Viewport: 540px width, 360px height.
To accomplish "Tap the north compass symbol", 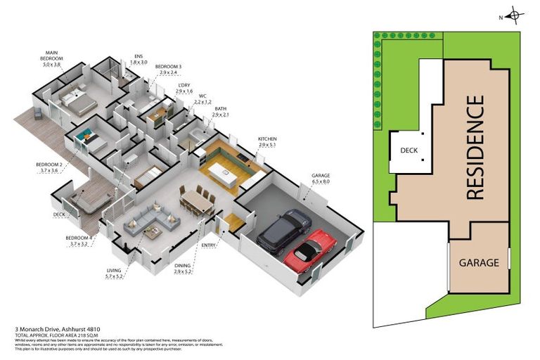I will pos(514,15).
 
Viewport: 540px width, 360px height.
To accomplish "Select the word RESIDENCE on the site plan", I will pos(476,148).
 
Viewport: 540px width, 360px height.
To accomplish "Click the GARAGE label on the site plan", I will pos(478,262).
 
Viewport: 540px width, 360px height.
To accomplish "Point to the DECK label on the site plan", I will pos(409,150).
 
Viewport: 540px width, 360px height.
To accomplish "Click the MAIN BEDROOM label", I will pos(51,58).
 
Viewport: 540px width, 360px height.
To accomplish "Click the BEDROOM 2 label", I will pos(50,167).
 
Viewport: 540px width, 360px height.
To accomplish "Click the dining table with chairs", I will pos(196,202).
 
